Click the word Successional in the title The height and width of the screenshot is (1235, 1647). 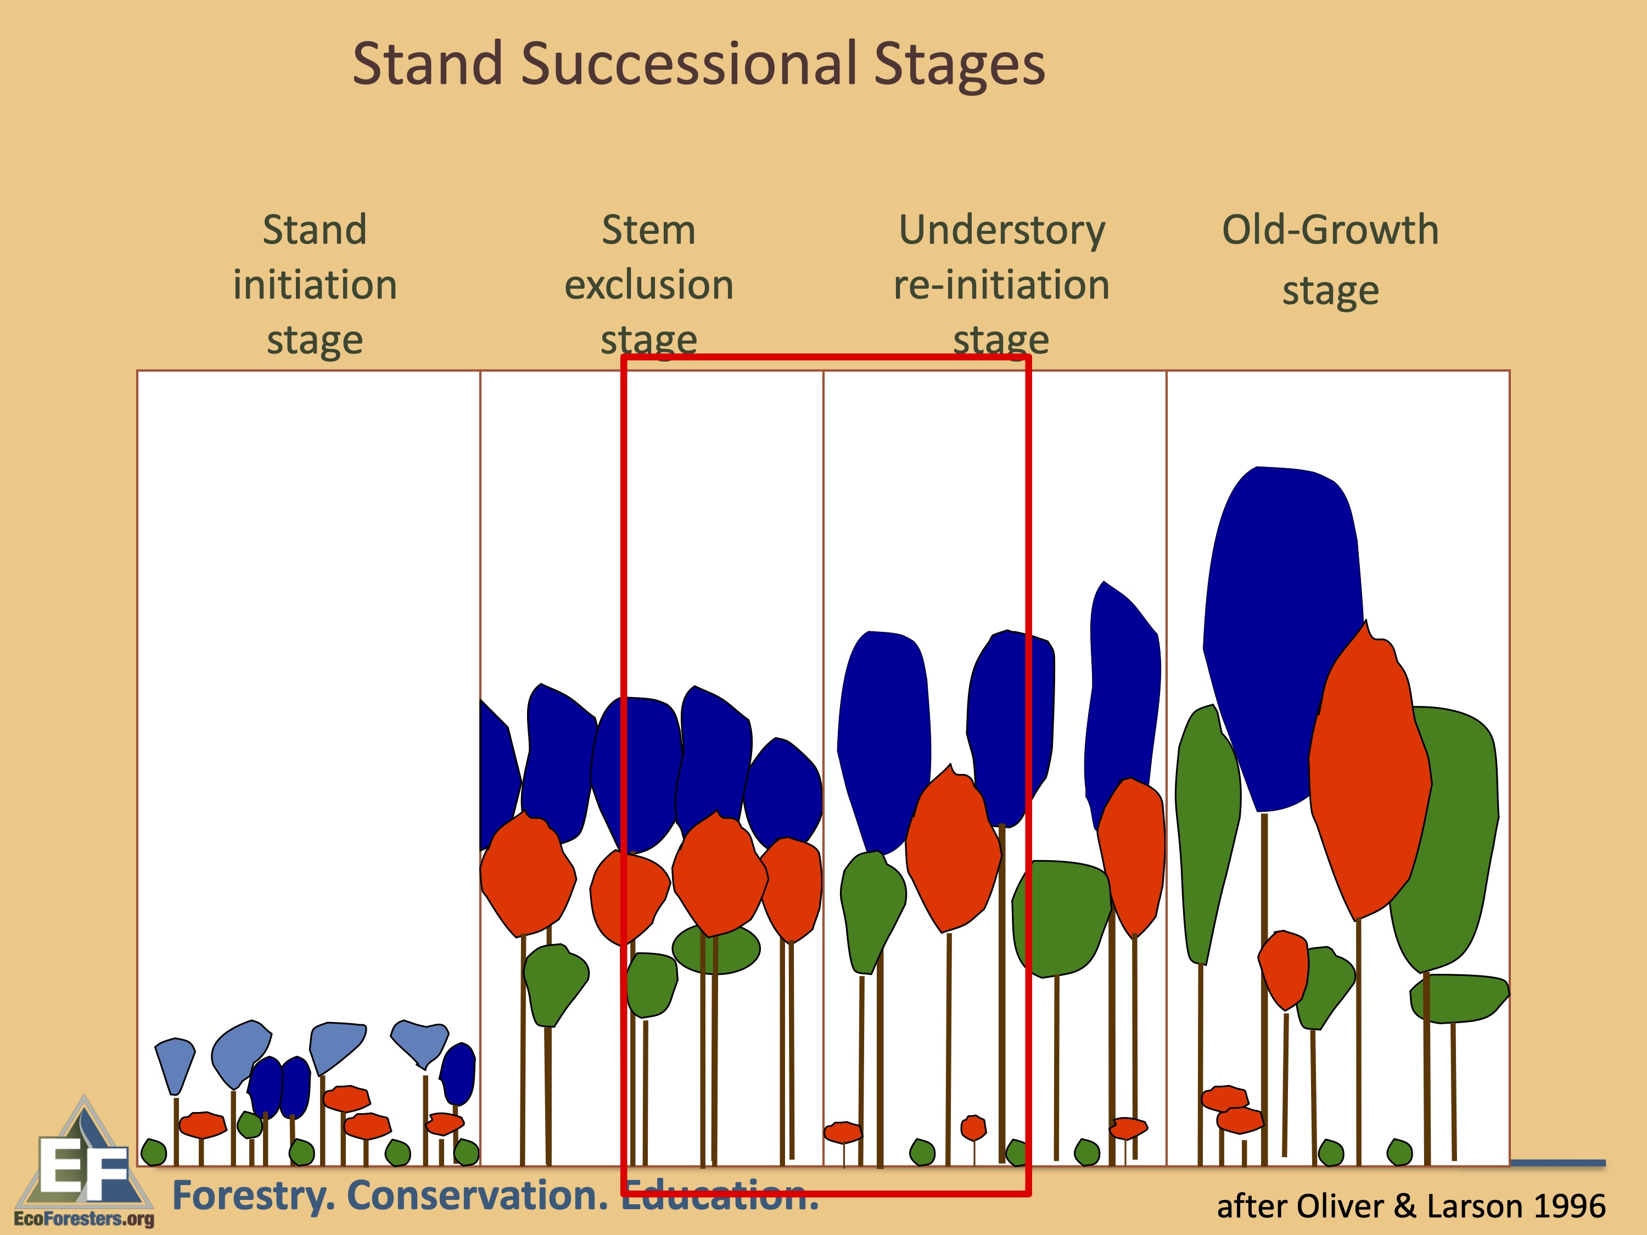tap(689, 64)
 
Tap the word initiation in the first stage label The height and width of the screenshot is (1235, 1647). tap(315, 285)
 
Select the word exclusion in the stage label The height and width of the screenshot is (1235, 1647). tap(648, 285)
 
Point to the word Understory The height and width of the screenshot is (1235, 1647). tap(1001, 230)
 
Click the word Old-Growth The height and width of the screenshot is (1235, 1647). tap(1330, 230)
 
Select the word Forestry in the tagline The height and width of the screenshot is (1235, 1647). tap(253, 1196)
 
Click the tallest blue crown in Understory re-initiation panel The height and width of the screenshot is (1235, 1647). tap(1123, 692)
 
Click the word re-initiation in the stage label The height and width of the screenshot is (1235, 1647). tap(1001, 285)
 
